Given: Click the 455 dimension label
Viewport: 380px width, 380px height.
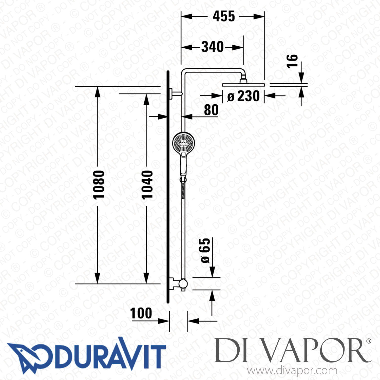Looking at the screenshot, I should pyautogui.click(x=224, y=16).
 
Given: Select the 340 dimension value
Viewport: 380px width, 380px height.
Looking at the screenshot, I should pyautogui.click(x=212, y=47).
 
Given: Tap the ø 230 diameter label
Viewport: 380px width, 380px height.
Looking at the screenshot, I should pyautogui.click(x=243, y=96).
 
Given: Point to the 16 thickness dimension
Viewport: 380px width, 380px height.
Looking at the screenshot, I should pyautogui.click(x=292, y=61).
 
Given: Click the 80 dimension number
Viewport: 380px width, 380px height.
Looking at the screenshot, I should pyautogui.click(x=211, y=110).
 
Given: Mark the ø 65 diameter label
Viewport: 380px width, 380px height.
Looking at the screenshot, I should pyautogui.click(x=205, y=250).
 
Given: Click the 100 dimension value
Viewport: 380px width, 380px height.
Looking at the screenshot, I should pyautogui.click(x=141, y=313).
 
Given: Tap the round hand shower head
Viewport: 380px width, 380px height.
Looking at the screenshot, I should pyautogui.click(x=183, y=143).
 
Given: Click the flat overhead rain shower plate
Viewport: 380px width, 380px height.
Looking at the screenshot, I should pyautogui.click(x=243, y=85).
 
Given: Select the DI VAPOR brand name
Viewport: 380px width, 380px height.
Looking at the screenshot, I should pyautogui.click(x=291, y=351).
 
